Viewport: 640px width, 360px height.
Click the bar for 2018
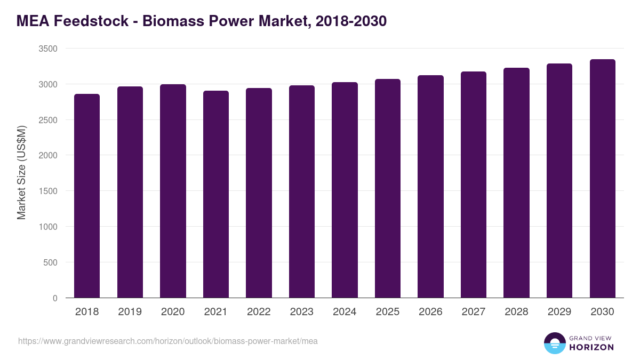87,196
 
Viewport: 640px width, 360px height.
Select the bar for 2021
216,194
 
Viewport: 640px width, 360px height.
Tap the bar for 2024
345,190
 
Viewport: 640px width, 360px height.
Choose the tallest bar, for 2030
602,179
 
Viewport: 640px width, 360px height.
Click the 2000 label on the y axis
48,156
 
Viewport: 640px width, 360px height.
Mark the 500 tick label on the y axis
50,262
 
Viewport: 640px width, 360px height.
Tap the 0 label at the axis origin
55,298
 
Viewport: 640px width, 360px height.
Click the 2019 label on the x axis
130,312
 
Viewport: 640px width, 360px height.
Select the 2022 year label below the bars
259,312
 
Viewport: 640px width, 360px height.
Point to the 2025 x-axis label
388,312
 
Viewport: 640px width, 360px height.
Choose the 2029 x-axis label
559,312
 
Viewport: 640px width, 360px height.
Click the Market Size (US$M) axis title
21,172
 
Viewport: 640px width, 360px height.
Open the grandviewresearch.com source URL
168,341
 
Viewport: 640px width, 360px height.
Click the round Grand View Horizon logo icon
555,343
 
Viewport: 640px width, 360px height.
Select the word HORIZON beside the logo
591,347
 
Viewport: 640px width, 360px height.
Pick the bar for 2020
173,191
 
